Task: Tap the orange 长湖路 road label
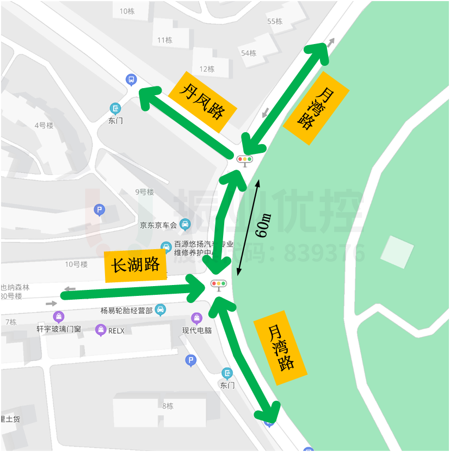click(135, 266)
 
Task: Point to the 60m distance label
click(263, 226)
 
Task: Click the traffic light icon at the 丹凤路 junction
click(245, 160)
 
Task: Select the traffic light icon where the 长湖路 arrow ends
click(218, 284)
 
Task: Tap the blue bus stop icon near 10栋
click(131, 79)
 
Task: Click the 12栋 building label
click(207, 69)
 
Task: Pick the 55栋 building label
click(275, 21)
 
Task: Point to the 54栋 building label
click(249, 53)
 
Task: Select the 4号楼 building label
click(44, 125)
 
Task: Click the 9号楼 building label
click(144, 192)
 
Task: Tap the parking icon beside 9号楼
click(99, 210)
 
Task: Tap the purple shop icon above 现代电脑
click(197, 318)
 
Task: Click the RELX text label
click(116, 330)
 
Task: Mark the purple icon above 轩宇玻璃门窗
click(58, 317)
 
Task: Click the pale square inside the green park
click(397, 252)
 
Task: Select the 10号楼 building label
click(76, 264)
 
